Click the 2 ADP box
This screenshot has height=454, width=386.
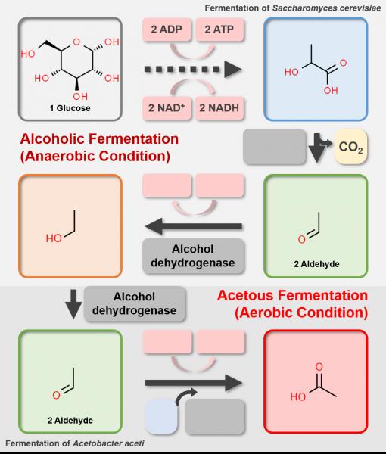pos(167,30)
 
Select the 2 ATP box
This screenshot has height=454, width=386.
pos(219,30)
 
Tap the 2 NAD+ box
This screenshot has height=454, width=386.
pos(167,108)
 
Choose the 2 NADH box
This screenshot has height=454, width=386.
pos(219,108)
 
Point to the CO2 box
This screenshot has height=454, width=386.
pos(350,147)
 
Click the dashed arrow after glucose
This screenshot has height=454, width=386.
pos(193,70)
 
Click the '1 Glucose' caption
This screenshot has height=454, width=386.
pos(70,108)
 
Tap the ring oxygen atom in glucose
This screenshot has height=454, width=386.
pos(76,42)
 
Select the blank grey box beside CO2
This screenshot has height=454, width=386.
pos(275,147)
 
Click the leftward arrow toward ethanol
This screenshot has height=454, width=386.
pos(194,226)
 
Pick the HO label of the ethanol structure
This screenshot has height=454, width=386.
pos(54,238)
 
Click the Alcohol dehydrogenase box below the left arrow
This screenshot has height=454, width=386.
pos(193,256)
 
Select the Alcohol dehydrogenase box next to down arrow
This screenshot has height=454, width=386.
pos(135,303)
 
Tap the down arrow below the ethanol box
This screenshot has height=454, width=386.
pos(73,304)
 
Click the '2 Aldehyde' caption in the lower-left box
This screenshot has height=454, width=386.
pos(70,421)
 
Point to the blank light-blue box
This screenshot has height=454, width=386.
pos(161,416)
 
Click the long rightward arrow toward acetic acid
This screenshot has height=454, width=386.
pos(194,383)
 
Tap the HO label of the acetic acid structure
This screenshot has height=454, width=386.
pos(298,396)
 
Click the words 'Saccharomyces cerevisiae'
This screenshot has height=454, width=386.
pos(326,8)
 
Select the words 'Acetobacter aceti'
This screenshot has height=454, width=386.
pos(108,443)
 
